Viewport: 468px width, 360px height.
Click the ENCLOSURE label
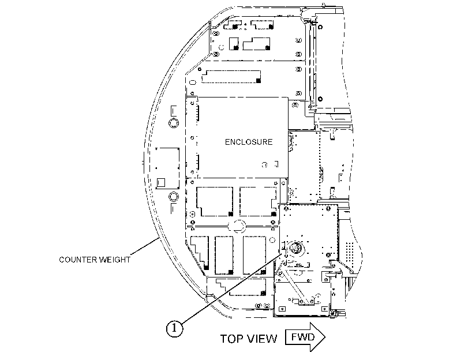pos(249,142)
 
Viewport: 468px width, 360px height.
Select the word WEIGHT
pos(114,260)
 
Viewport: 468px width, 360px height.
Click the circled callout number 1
pos(174,328)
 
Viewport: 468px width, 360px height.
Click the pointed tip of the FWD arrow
pos(325,337)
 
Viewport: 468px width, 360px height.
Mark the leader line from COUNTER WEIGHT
pos(144,246)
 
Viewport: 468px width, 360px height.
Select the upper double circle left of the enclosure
pos(174,123)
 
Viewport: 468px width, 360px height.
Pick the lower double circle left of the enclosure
pos(174,197)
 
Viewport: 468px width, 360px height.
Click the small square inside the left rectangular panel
pos(161,182)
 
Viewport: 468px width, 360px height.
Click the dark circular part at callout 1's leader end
pos(295,247)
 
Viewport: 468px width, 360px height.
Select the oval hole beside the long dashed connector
pos(193,82)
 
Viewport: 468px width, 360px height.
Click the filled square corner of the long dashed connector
pos(259,81)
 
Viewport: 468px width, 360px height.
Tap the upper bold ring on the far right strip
pos(320,27)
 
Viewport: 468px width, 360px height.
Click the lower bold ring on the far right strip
pos(320,99)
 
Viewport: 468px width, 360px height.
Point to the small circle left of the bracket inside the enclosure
pos(264,164)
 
